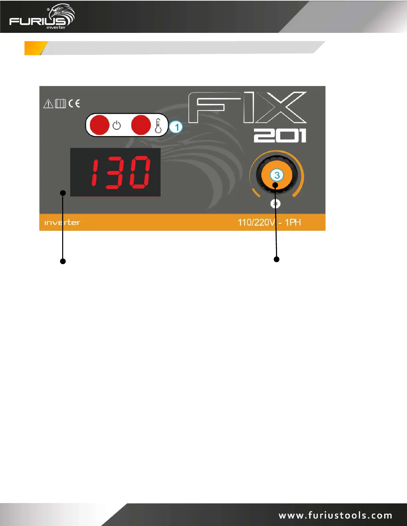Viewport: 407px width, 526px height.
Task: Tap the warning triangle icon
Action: point(48,104)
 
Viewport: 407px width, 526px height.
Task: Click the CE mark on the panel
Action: point(74,104)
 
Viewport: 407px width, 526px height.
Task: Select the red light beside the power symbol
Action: point(99,125)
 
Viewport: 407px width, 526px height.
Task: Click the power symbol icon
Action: point(117,126)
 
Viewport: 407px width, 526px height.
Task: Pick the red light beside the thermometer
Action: point(141,125)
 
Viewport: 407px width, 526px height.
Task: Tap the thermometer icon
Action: point(158,126)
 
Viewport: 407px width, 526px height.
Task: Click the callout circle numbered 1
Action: point(176,127)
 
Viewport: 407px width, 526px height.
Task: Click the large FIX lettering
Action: point(247,108)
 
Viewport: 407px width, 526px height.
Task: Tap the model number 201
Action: point(280,136)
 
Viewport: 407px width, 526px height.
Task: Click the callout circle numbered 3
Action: point(277,175)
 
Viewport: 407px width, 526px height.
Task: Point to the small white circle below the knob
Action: point(275,204)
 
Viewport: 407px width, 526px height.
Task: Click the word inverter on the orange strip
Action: point(62,222)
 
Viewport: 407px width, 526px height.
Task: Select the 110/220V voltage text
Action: point(257,222)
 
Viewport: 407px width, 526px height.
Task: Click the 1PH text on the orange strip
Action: point(293,222)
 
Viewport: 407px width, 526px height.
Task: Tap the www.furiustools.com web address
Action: point(335,515)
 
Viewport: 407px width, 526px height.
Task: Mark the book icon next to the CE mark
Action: point(61,104)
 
